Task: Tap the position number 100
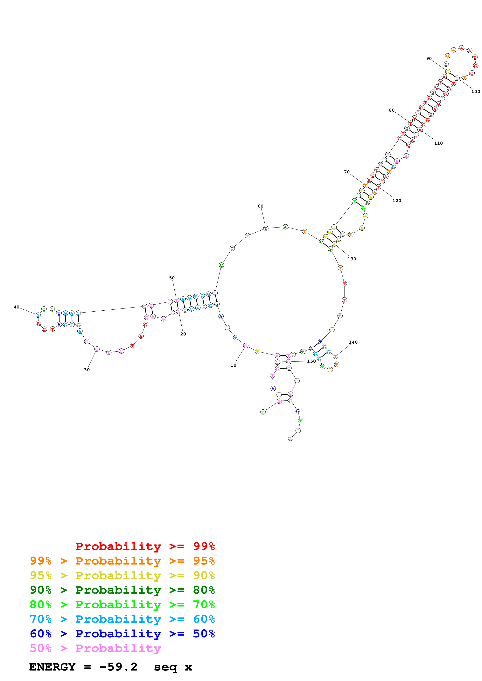click(x=475, y=91)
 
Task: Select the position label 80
click(x=392, y=110)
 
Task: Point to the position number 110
click(x=438, y=143)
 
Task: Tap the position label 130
click(x=352, y=259)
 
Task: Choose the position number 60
click(x=261, y=206)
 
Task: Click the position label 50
click(x=172, y=278)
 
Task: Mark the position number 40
click(x=17, y=307)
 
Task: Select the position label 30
click(x=87, y=370)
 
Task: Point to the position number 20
click(x=183, y=334)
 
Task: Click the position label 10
click(x=234, y=365)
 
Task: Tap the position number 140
click(x=353, y=342)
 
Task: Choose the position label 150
click(x=311, y=361)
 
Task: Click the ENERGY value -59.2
click(x=118, y=667)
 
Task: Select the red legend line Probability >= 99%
click(x=145, y=546)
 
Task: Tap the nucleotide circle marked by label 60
click(x=266, y=228)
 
